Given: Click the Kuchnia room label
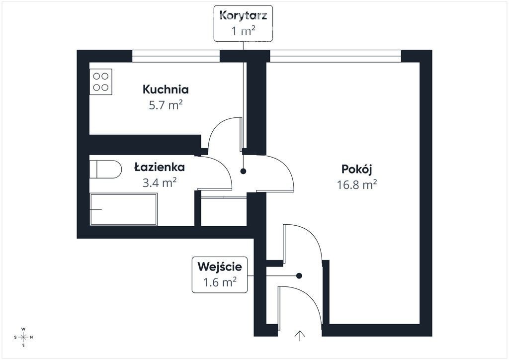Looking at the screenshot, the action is click(x=166, y=90).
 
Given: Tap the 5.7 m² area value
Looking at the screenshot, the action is click(x=166, y=105).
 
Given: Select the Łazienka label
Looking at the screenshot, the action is click(x=160, y=167).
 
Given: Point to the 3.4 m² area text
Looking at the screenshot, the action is click(x=160, y=182).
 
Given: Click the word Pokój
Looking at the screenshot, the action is click(x=356, y=169).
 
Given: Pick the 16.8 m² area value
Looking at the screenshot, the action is click(x=356, y=184).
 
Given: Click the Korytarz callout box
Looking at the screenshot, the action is click(x=243, y=23).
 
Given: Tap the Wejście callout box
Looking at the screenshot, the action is click(x=219, y=274).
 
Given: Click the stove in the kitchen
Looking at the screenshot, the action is click(x=100, y=82).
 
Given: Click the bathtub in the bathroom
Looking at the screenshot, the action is click(x=123, y=209).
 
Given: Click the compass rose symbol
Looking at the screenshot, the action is click(x=23, y=337).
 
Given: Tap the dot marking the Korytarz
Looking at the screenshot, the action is click(x=243, y=172).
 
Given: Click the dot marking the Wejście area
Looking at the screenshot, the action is click(x=299, y=275).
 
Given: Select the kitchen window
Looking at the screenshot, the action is click(x=176, y=56).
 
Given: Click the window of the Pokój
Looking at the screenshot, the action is click(x=336, y=56).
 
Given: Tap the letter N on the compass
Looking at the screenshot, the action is click(x=31, y=337).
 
